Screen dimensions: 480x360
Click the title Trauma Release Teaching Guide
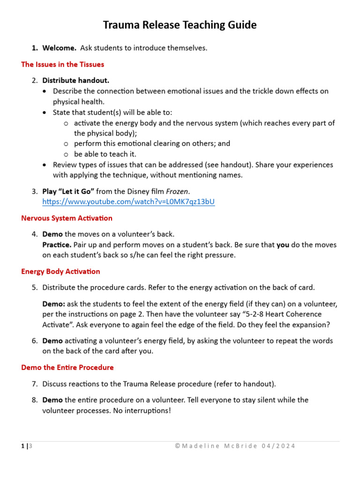pos(180,25)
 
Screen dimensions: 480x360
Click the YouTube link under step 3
pos(129,202)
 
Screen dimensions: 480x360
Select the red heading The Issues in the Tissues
pos(63,64)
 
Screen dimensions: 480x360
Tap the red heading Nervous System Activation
pos(67,218)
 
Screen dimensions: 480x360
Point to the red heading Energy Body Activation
pos(61,271)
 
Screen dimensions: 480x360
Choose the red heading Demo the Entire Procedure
pos(67,367)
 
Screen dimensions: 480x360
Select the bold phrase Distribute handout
pos(76,81)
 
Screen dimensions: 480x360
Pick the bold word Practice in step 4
pos(57,245)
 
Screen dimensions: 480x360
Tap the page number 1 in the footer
pos(23,446)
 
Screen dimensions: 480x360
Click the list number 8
pos(35,400)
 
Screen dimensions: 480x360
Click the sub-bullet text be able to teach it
pos(105,154)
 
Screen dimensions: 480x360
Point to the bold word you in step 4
pos(283,245)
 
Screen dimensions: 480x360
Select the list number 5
pos(35,287)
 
